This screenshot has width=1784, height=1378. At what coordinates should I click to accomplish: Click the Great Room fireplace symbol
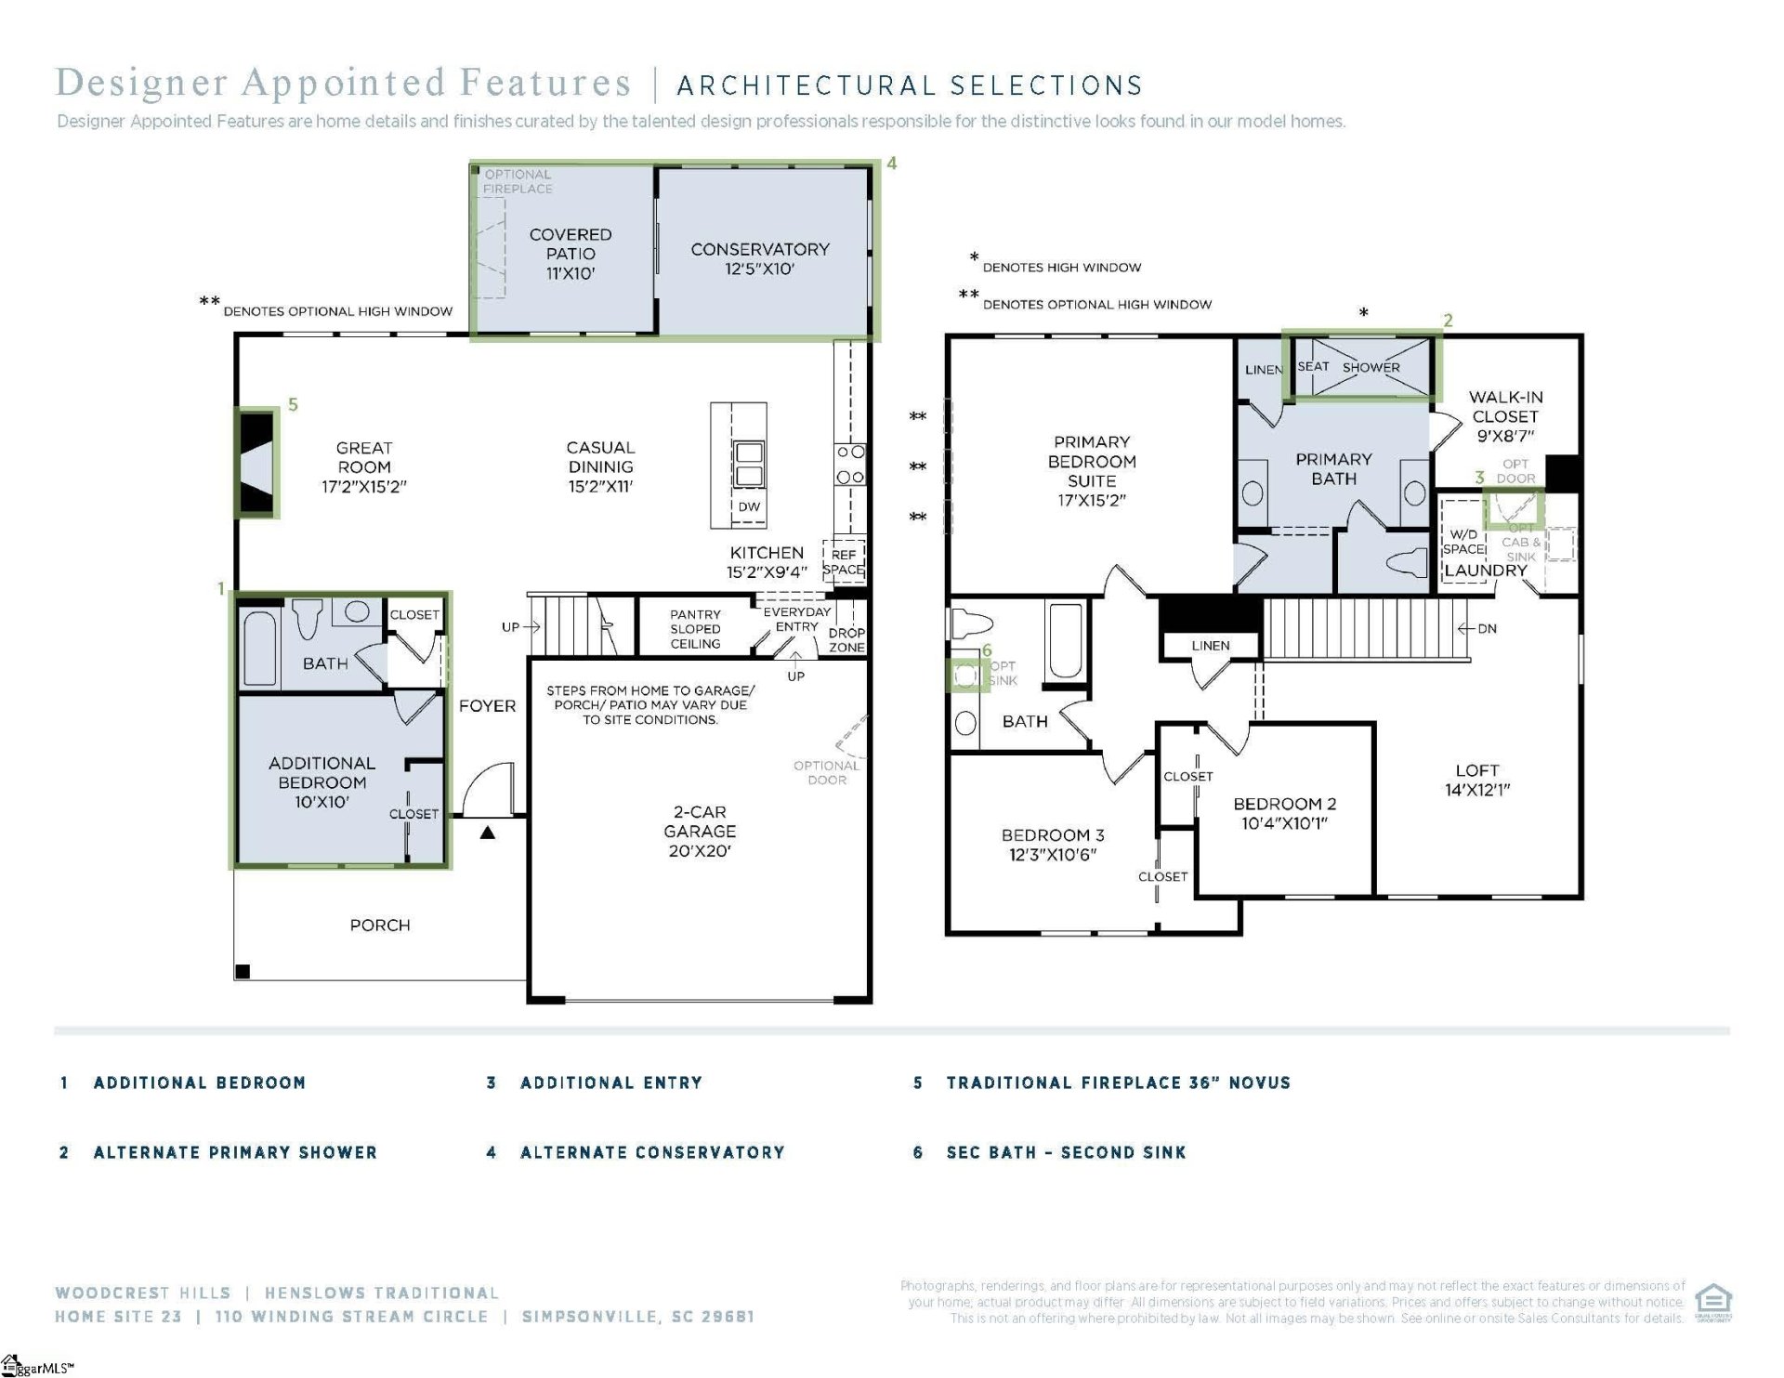coord(257,461)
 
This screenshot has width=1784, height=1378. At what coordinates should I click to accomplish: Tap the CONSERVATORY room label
coord(759,258)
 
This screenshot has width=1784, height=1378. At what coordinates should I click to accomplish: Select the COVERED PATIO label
coord(570,254)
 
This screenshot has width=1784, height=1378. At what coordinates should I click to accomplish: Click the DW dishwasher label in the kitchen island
coord(749,506)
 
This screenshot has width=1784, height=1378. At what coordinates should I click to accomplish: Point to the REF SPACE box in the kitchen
coord(843,562)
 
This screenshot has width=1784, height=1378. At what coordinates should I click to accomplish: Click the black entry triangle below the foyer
coord(487,833)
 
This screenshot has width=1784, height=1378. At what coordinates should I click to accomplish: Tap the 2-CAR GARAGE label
coord(700,831)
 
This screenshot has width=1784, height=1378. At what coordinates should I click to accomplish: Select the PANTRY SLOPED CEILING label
coord(695,629)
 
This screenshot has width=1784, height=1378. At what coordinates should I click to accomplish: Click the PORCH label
coord(379,925)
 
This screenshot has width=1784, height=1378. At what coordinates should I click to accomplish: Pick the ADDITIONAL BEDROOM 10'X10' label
coord(321,781)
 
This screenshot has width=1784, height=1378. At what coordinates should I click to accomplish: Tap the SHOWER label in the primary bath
coord(1371,367)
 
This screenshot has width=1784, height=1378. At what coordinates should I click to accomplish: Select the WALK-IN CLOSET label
coord(1504,415)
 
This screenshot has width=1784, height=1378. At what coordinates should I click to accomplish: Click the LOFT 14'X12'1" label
coord(1476,780)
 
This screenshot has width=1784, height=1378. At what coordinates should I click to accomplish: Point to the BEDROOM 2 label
coord(1284,813)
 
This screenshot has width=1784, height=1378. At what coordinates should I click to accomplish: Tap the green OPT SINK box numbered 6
coord(966,675)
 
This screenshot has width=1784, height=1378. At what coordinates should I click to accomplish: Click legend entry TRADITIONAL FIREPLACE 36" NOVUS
coord(1118,1083)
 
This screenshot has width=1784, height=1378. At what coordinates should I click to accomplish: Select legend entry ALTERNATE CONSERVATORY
coord(651,1152)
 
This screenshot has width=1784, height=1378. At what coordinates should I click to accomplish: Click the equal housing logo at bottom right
coord(1712,1301)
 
